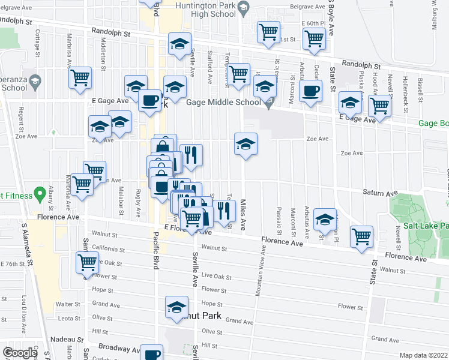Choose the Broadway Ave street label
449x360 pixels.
click(x=118, y=348)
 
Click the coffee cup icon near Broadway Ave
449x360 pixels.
click(x=152, y=353)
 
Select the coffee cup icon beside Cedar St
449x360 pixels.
click(x=310, y=92)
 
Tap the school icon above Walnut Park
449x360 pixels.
click(x=176, y=307)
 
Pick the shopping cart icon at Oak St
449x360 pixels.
click(x=87, y=262)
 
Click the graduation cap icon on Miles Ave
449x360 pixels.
click(x=245, y=144)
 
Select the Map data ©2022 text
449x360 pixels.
click(x=423, y=355)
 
